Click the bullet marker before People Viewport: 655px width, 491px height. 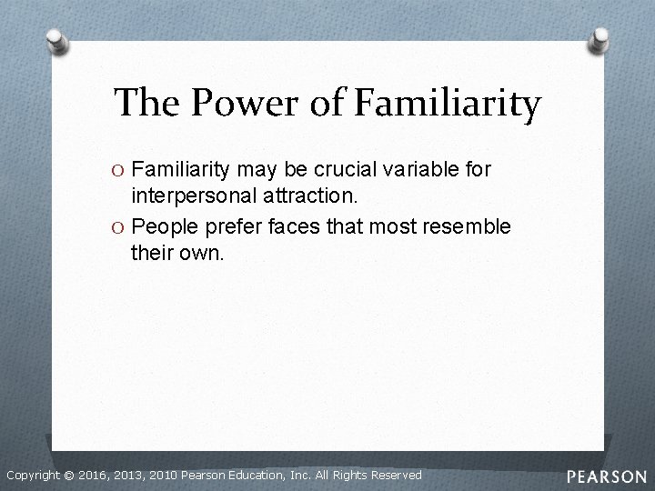[121, 225]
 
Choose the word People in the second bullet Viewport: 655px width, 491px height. [162, 225]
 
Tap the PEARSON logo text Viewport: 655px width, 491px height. [606, 476]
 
